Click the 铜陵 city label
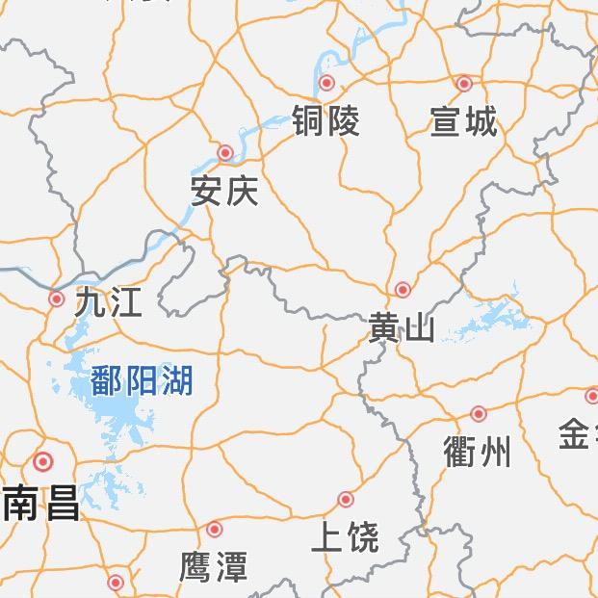tap(326, 120)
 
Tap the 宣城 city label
tap(463, 121)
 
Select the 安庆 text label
tap(224, 191)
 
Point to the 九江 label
tap(109, 302)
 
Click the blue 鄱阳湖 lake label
tap(143, 380)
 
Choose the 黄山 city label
tap(402, 327)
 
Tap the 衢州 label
tap(479, 451)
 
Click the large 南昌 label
tap(41, 503)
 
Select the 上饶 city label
tap(345, 536)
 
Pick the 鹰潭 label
tap(214, 566)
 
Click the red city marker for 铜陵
tap(327, 83)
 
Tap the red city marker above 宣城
tap(464, 84)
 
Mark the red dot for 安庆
tap(225, 152)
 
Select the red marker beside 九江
tap(57, 299)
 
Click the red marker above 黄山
tap(403, 289)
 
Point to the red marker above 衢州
tap(479, 413)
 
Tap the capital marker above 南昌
tap(42, 462)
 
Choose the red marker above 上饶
tap(346, 499)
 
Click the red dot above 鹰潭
tap(215, 529)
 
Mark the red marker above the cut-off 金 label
tap(591, 396)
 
